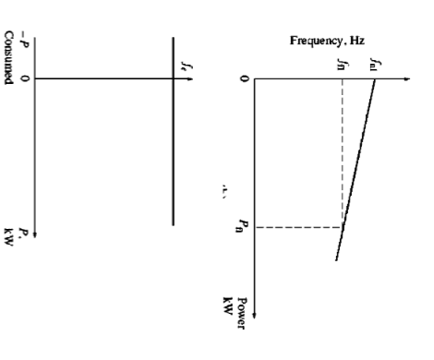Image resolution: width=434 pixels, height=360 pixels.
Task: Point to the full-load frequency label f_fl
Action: (x=342, y=64)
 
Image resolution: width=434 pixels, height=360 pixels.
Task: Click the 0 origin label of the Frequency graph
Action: (x=244, y=79)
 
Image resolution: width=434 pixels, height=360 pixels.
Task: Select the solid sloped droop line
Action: (x=356, y=166)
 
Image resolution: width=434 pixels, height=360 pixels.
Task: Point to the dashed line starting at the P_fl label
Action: (x=295, y=226)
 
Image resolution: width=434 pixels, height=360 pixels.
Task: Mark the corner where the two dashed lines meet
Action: (x=342, y=226)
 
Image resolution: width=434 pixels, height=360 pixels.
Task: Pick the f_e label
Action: (x=184, y=66)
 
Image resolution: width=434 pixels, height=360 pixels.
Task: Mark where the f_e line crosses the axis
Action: (x=173, y=78)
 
